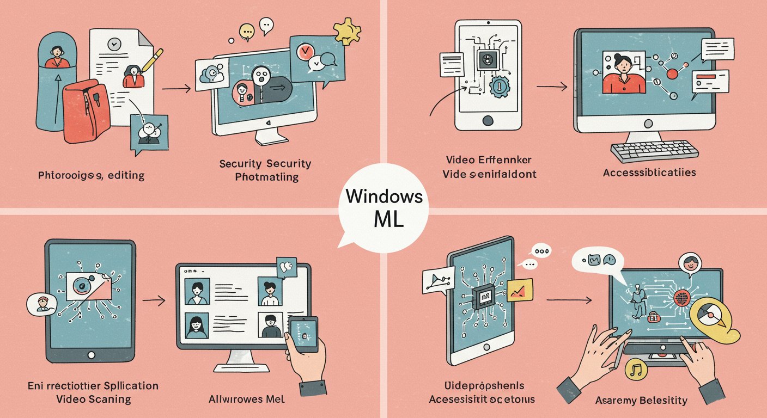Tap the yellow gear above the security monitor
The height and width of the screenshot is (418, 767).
tap(346, 31)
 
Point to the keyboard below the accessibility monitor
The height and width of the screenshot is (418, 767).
tap(653, 151)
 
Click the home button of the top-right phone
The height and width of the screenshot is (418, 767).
tap(488, 120)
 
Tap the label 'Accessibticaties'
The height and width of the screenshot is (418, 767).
tap(649, 173)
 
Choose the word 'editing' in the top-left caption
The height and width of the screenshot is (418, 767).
tap(127, 176)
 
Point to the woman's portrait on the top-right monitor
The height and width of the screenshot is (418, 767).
tap(622, 73)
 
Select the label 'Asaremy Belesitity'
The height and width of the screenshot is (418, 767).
tap(641, 401)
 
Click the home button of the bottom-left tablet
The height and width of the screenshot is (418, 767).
tap(90, 355)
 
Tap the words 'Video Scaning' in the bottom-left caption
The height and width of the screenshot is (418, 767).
tap(94, 399)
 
